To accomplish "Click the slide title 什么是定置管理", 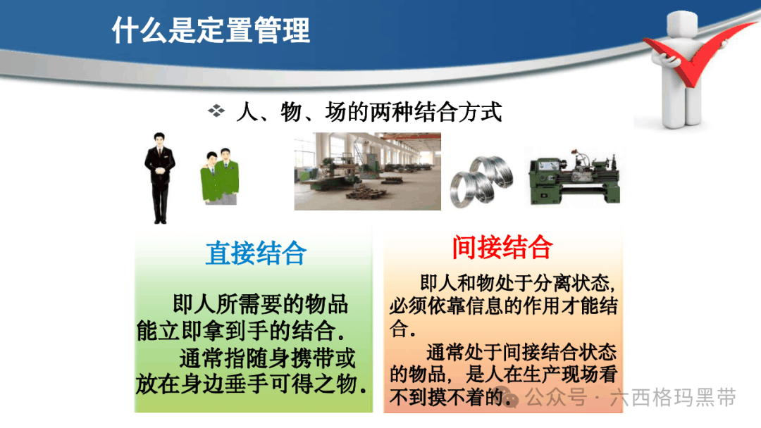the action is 211,30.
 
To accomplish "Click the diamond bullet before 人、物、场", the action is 216,111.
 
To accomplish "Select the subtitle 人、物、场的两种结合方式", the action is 369,112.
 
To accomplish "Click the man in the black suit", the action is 160,178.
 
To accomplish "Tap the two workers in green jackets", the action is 220,176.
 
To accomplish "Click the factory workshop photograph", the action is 367,171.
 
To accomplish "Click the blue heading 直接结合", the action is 256,253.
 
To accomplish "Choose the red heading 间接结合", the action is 502,247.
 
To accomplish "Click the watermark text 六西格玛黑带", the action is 673,397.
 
